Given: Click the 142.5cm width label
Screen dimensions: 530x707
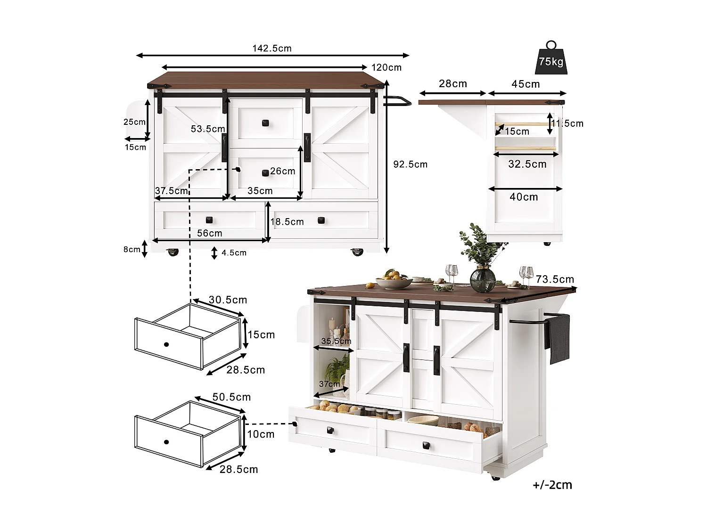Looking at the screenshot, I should pyautogui.click(x=272, y=49).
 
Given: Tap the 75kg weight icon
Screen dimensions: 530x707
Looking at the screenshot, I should pyautogui.click(x=551, y=59).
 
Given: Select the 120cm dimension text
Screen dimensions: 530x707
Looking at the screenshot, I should pyautogui.click(x=386, y=67).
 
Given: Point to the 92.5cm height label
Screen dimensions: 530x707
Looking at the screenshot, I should pyautogui.click(x=410, y=164).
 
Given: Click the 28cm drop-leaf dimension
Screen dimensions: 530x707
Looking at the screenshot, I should pyautogui.click(x=453, y=84).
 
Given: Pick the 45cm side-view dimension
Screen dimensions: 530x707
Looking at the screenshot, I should pyautogui.click(x=526, y=84).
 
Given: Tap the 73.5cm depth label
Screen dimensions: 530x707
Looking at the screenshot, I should pyautogui.click(x=555, y=279).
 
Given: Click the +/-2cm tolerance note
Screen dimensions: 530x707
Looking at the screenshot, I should pyautogui.click(x=552, y=485).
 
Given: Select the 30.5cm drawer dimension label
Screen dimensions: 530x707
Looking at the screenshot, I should pyautogui.click(x=228, y=300).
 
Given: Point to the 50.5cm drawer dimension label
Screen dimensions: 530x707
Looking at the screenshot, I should pyautogui.click(x=231, y=397).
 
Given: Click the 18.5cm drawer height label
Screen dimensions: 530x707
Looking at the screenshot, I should pyautogui.click(x=287, y=222).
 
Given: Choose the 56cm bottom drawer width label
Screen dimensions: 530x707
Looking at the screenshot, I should pyautogui.click(x=210, y=233).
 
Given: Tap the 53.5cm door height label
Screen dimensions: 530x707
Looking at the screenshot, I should pyautogui.click(x=208, y=129).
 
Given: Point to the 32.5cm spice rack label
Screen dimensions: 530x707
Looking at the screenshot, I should pyautogui.click(x=527, y=164).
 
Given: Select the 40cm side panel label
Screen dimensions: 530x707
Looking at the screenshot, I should pyautogui.click(x=524, y=197).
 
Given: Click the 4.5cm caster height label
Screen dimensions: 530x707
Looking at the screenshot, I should pyautogui.click(x=234, y=253).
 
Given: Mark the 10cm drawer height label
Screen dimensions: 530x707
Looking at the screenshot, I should pyautogui.click(x=261, y=434).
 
